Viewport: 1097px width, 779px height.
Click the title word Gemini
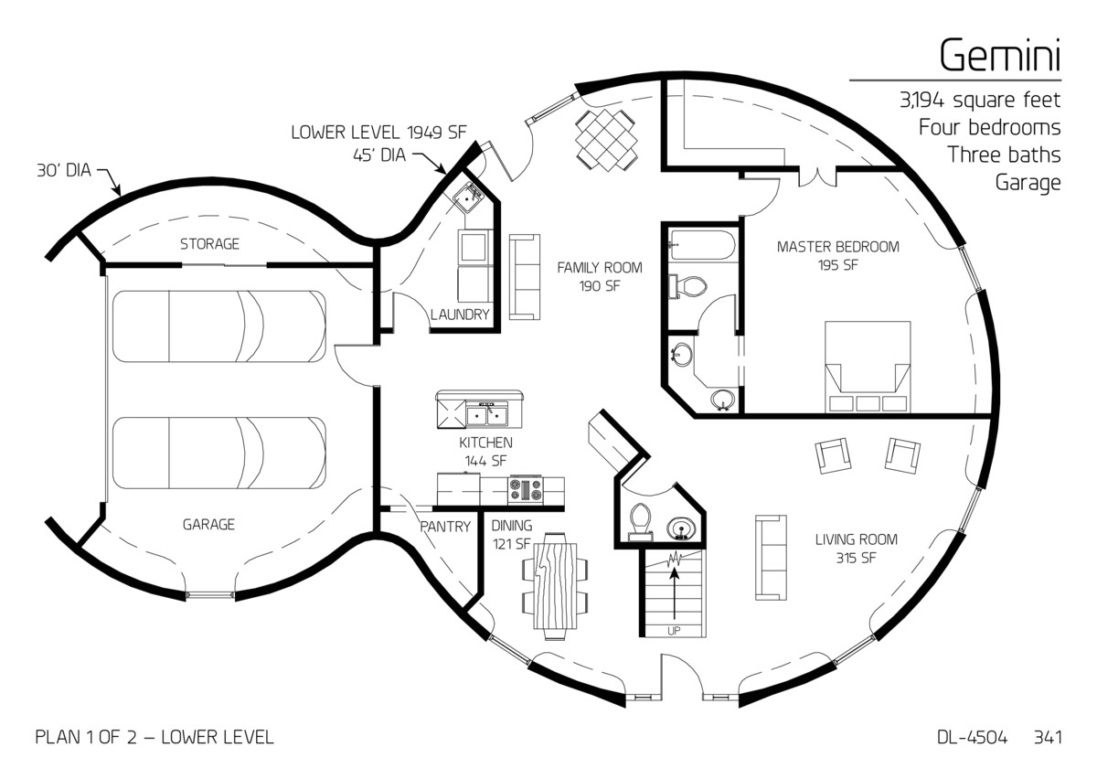coord(999,57)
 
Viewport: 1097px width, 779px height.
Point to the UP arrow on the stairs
coord(675,594)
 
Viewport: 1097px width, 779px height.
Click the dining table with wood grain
coord(555,591)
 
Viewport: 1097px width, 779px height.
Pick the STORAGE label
coord(209,244)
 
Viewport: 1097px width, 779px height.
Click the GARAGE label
coord(208,524)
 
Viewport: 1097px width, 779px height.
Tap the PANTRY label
coord(445,527)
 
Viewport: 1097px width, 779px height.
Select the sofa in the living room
coord(771,556)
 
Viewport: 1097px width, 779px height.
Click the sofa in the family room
coord(524,277)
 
